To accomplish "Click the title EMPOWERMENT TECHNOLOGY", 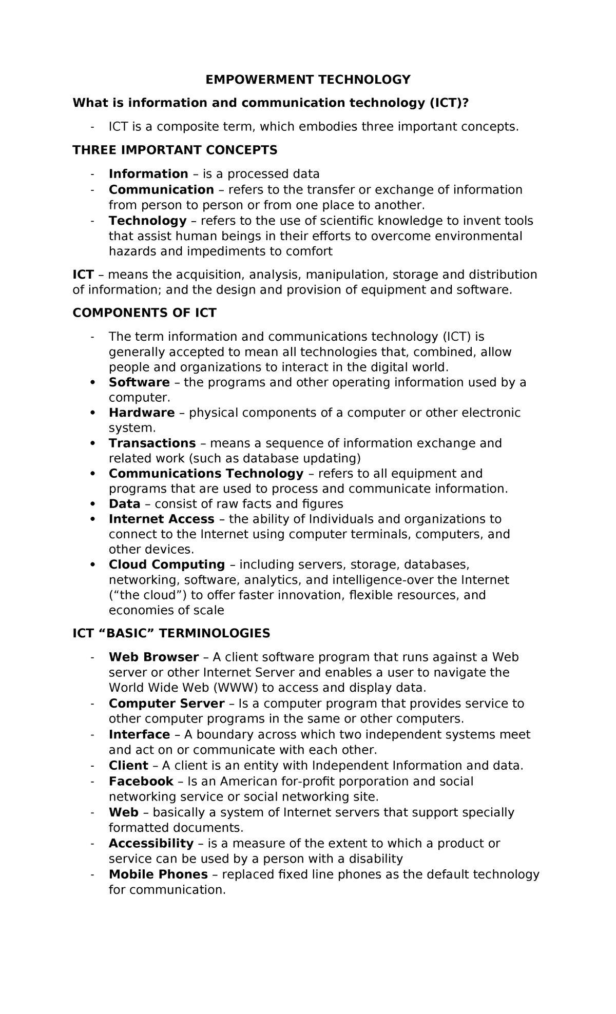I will point(308,80).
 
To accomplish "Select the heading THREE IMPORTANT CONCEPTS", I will point(175,150).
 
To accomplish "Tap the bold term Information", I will point(148,174).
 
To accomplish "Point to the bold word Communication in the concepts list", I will point(161,190).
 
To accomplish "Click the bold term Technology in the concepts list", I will point(147,221).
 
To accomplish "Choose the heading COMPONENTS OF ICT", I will point(144,313).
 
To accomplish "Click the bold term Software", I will point(139,382).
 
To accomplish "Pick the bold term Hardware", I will point(141,413).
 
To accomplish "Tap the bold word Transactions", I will point(152,443).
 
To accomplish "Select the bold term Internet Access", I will point(161,519).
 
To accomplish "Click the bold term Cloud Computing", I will point(166,564).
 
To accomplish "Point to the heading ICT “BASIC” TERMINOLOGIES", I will point(171,633).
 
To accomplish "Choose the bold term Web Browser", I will point(153,657).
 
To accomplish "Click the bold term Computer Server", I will point(166,704).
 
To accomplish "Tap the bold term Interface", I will point(139,735).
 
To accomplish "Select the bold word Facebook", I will point(141,782).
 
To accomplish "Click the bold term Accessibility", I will point(151,843).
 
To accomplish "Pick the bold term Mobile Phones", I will point(158,874).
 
